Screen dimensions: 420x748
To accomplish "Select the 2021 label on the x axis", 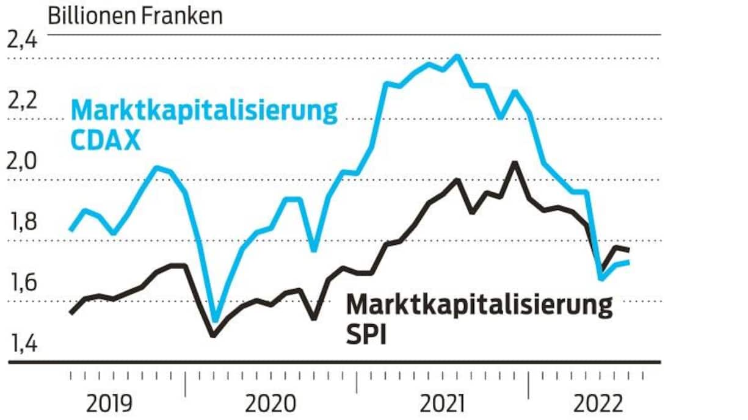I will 444,404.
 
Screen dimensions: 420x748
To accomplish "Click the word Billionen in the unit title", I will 92,16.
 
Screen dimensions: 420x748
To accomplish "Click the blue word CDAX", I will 106,141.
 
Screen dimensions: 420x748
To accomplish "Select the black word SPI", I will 366,335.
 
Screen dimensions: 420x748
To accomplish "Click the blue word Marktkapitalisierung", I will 205,112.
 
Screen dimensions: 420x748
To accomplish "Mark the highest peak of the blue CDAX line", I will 457,56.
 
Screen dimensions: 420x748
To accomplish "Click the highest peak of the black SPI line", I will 515,162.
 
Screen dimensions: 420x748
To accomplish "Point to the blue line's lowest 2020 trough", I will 214,320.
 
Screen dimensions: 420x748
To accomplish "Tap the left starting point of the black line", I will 71,313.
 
